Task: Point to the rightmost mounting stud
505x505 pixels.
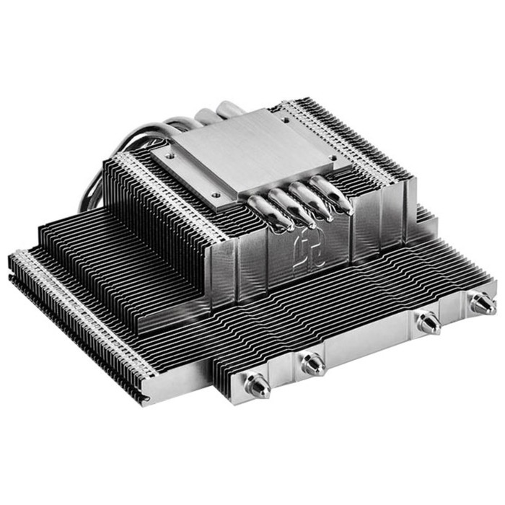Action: point(481,304)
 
